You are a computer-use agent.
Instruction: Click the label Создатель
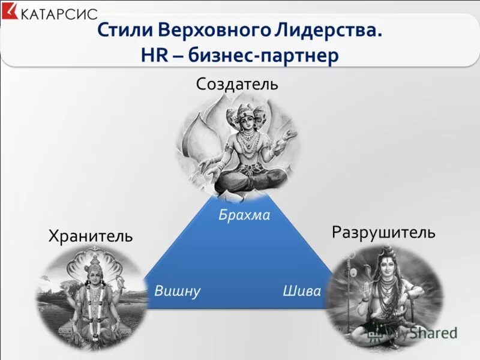pos(237,83)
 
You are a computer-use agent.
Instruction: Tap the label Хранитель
pos(91,236)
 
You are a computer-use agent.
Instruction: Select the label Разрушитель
pos(383,232)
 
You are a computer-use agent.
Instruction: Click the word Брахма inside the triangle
pos(244,215)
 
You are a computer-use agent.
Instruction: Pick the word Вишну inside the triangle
pos(177,291)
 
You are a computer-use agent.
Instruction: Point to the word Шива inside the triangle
pos(301,291)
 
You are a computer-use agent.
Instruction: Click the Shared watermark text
pos(433,332)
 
